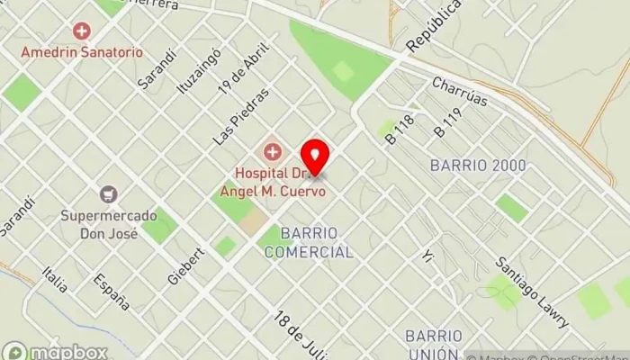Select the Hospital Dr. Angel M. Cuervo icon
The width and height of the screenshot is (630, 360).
(271, 149)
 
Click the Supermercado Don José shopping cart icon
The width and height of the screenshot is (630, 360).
(109, 194)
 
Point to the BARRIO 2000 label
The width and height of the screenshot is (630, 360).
(478, 166)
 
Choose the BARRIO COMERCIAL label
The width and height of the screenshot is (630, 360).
(309, 243)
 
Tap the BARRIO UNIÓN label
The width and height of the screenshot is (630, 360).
(434, 345)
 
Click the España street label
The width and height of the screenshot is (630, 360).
(112, 290)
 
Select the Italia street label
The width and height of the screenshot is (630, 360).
(55, 279)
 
